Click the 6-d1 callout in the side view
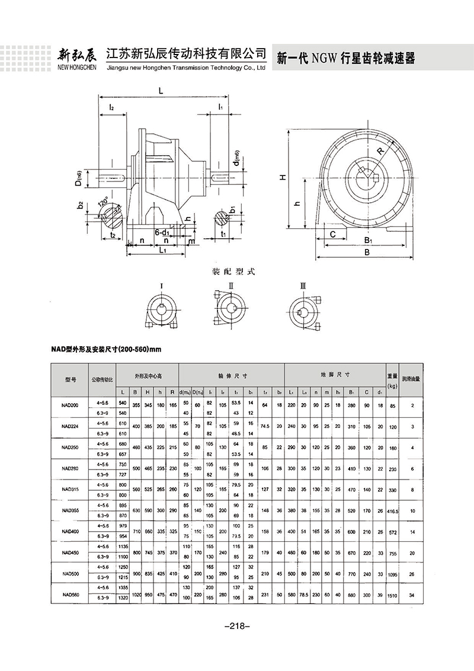164,232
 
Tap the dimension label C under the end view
333,235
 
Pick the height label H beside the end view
284,177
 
